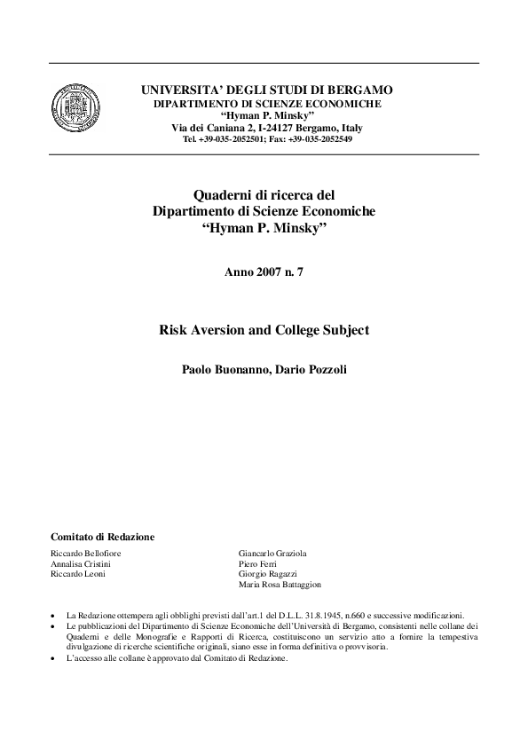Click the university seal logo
[75, 107]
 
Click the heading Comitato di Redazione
[103, 537]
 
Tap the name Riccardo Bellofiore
[86, 554]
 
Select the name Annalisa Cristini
[81, 564]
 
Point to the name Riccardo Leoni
[78, 575]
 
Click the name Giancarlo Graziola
[272, 554]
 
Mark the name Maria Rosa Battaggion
[280, 586]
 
